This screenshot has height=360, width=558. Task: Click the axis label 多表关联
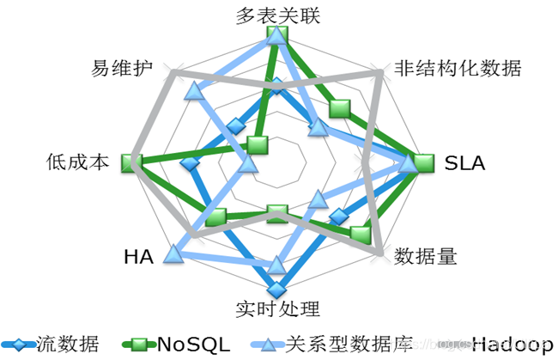[x=277, y=15]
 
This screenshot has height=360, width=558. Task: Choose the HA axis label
[x=138, y=256]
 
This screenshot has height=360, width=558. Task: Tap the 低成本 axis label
[x=78, y=162]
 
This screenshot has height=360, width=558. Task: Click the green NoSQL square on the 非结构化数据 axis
[x=341, y=107]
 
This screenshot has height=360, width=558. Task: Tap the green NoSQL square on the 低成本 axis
[x=130, y=162]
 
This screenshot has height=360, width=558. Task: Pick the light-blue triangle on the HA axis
[x=174, y=253]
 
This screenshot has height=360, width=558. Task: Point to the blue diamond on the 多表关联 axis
[x=276, y=83]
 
